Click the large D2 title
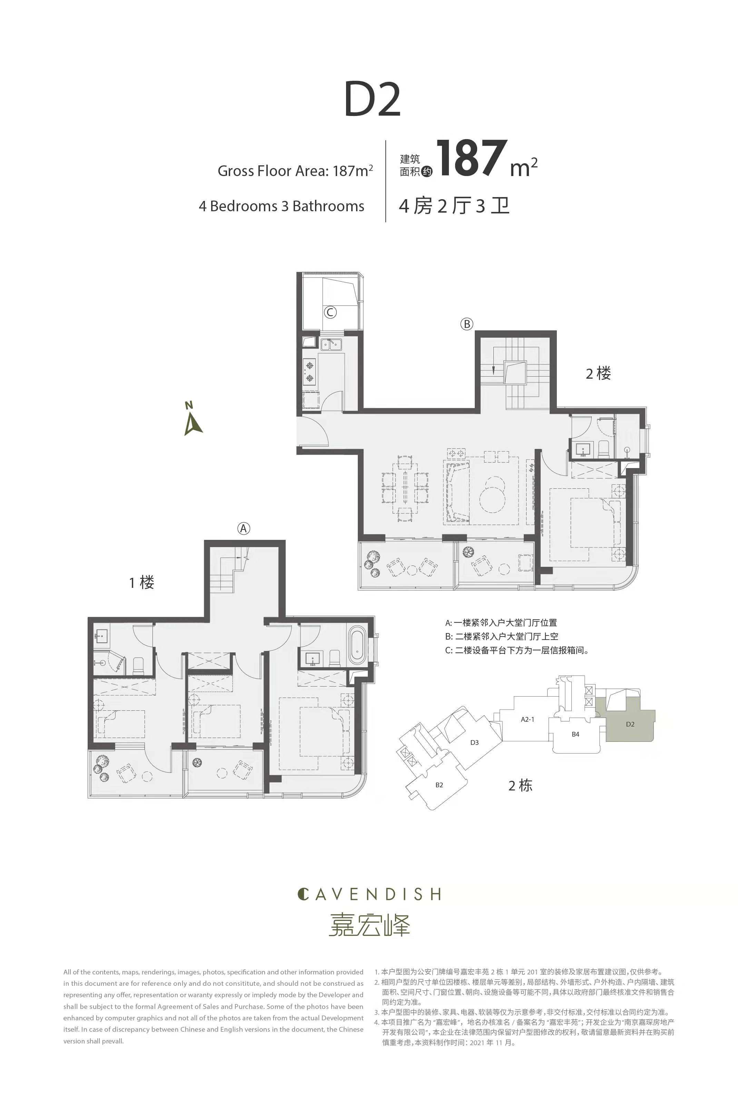[x=372, y=99]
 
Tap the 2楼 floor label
[x=598, y=373]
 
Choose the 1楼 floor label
[x=142, y=582]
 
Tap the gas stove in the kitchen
[x=310, y=371]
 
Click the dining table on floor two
[x=406, y=488]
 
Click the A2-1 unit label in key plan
[x=528, y=719]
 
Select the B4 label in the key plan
[x=575, y=734]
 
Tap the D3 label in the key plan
[x=474, y=742]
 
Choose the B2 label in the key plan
[x=439, y=785]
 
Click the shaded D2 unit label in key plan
[x=630, y=724]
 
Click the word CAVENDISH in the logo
[x=370, y=894]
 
